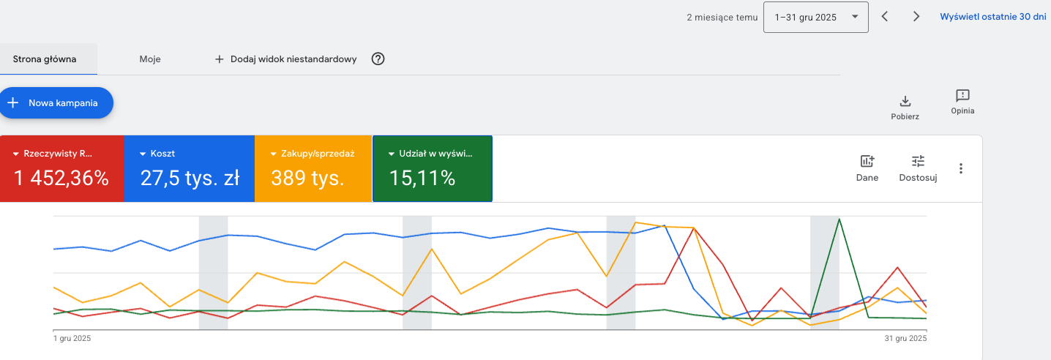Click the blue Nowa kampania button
[x=56, y=102]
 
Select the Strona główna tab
[x=45, y=59]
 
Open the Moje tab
[x=150, y=59]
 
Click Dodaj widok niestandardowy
[x=285, y=59]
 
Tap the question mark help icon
[x=378, y=59]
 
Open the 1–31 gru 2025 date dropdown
[x=815, y=18]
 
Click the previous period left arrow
[x=884, y=17]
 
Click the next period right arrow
[x=916, y=17]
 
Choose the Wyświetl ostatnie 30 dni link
[x=993, y=17]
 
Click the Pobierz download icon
[x=905, y=101]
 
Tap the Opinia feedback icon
[x=962, y=96]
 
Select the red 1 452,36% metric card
[x=62, y=168]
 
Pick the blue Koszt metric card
[x=190, y=168]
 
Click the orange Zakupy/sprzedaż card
[x=313, y=168]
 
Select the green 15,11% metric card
[x=432, y=168]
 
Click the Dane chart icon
[x=867, y=162]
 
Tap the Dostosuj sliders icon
[x=918, y=162]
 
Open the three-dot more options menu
[x=961, y=168]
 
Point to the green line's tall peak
[x=839, y=220]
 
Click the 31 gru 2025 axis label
[x=905, y=338]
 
